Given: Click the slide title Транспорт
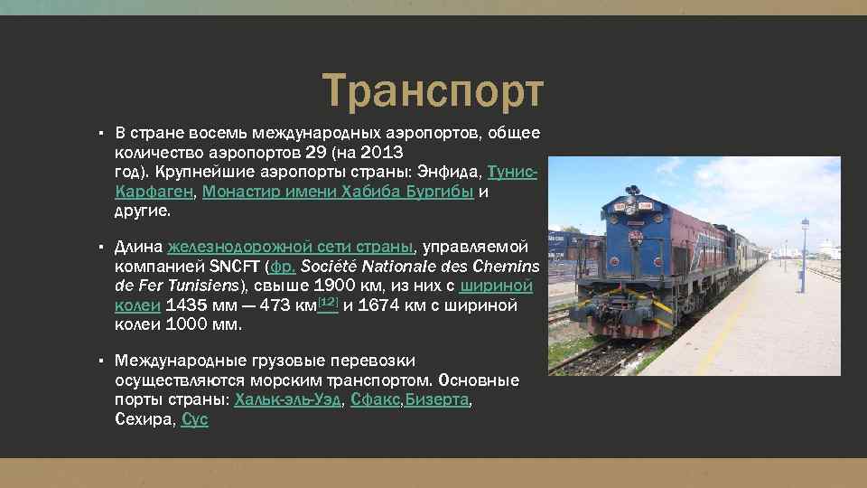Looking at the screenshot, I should (433, 91).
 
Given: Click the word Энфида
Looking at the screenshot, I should (451, 172).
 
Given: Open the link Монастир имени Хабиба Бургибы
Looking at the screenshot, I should (338, 192).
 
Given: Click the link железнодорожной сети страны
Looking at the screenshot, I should (290, 247).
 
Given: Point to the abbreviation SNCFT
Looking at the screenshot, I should (234, 267).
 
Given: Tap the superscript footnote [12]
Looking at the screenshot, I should (328, 302).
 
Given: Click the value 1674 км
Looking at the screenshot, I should (391, 306).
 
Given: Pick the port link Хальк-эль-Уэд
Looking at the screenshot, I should (288, 400).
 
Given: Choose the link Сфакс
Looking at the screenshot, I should (375, 400).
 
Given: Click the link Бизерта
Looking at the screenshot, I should (437, 400).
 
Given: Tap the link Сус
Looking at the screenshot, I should (195, 420).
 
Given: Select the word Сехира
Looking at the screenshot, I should (143, 420).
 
